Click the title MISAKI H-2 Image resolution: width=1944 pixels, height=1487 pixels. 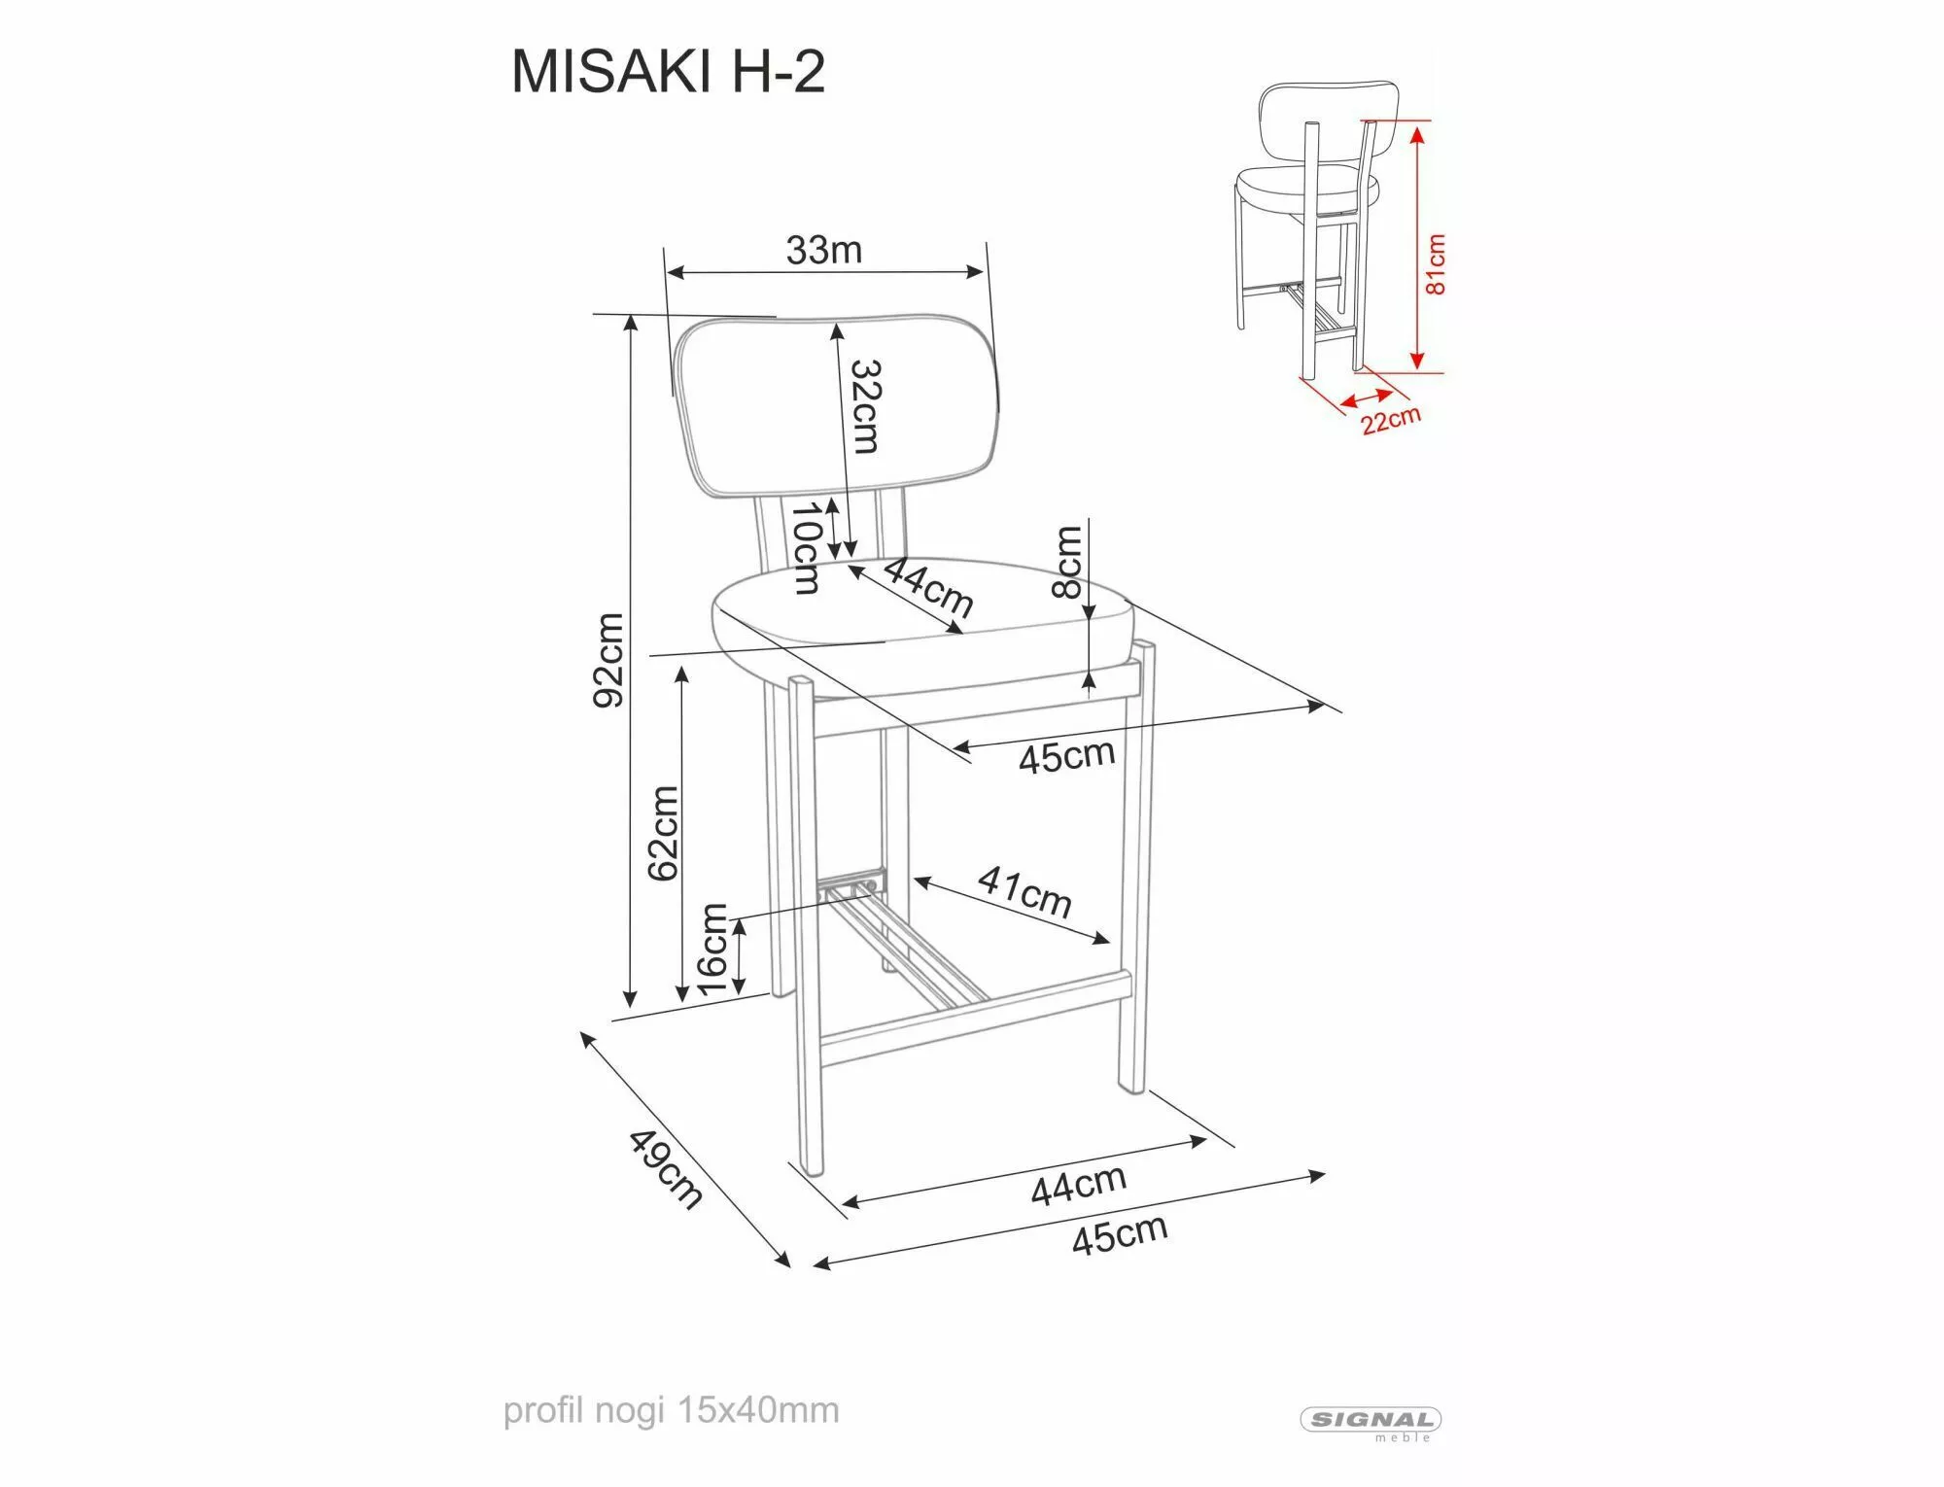pos(668,71)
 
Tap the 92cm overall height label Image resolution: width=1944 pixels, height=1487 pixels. pos(609,660)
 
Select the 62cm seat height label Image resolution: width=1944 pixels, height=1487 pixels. pos(663,833)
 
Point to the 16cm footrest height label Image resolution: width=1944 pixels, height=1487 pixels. pos(712,949)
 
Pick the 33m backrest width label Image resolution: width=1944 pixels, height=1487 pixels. pos(823,251)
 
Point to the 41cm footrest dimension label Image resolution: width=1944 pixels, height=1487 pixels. pos(1024,891)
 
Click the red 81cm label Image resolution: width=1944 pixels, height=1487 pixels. pos(1435,263)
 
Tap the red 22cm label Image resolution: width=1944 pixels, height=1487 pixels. pos(1390,420)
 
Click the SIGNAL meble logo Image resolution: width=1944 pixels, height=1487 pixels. pos(1371,1421)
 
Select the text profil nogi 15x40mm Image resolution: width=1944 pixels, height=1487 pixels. pos(671,1410)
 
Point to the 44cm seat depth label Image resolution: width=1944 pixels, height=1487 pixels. pos(927,587)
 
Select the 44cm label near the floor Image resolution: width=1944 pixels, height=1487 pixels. pos(1078,1185)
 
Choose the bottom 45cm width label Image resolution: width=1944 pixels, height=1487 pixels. pos(1119,1234)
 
